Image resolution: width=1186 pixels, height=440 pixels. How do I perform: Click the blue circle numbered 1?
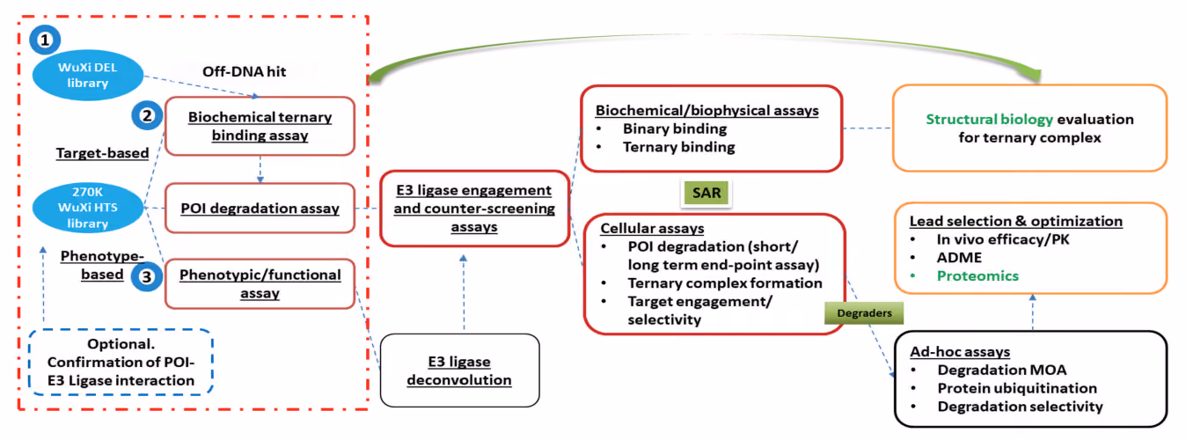pyautogui.click(x=45, y=40)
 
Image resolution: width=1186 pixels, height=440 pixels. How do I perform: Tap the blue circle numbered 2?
pyautogui.click(x=147, y=115)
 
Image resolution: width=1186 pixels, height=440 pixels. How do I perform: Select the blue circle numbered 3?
pyautogui.click(x=147, y=276)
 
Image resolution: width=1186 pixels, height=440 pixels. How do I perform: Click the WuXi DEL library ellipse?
pyautogui.click(x=88, y=75)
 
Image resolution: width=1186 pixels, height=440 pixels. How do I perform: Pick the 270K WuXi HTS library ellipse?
pyautogui.click(x=88, y=208)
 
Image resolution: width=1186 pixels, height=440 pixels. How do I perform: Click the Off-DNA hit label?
pyautogui.click(x=244, y=71)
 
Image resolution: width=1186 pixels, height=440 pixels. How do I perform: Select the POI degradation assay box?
pyautogui.click(x=260, y=208)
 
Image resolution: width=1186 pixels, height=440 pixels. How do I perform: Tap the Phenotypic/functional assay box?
pyautogui.click(x=260, y=284)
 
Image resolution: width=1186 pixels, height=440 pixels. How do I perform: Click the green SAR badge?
pyautogui.click(x=706, y=193)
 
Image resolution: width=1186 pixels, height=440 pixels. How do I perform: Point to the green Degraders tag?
pyautogui.click(x=864, y=313)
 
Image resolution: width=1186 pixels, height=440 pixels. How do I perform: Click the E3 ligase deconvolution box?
pyautogui.click(x=459, y=370)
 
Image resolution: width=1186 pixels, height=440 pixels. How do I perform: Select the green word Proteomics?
pyautogui.click(x=977, y=275)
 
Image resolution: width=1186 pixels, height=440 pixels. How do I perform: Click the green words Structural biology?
pyautogui.click(x=989, y=120)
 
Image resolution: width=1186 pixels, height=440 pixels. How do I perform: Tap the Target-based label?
pyautogui.click(x=102, y=153)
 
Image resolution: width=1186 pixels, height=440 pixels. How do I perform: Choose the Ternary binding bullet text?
pyautogui.click(x=678, y=147)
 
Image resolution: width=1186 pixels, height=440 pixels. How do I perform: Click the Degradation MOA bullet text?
pyautogui.click(x=1002, y=370)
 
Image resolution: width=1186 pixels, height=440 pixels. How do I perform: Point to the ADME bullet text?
pyautogui.click(x=959, y=257)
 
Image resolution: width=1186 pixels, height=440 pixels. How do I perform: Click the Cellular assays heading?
pyautogui.click(x=652, y=228)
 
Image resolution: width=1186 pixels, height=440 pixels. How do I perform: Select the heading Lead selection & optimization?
pyautogui.click(x=1015, y=221)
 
